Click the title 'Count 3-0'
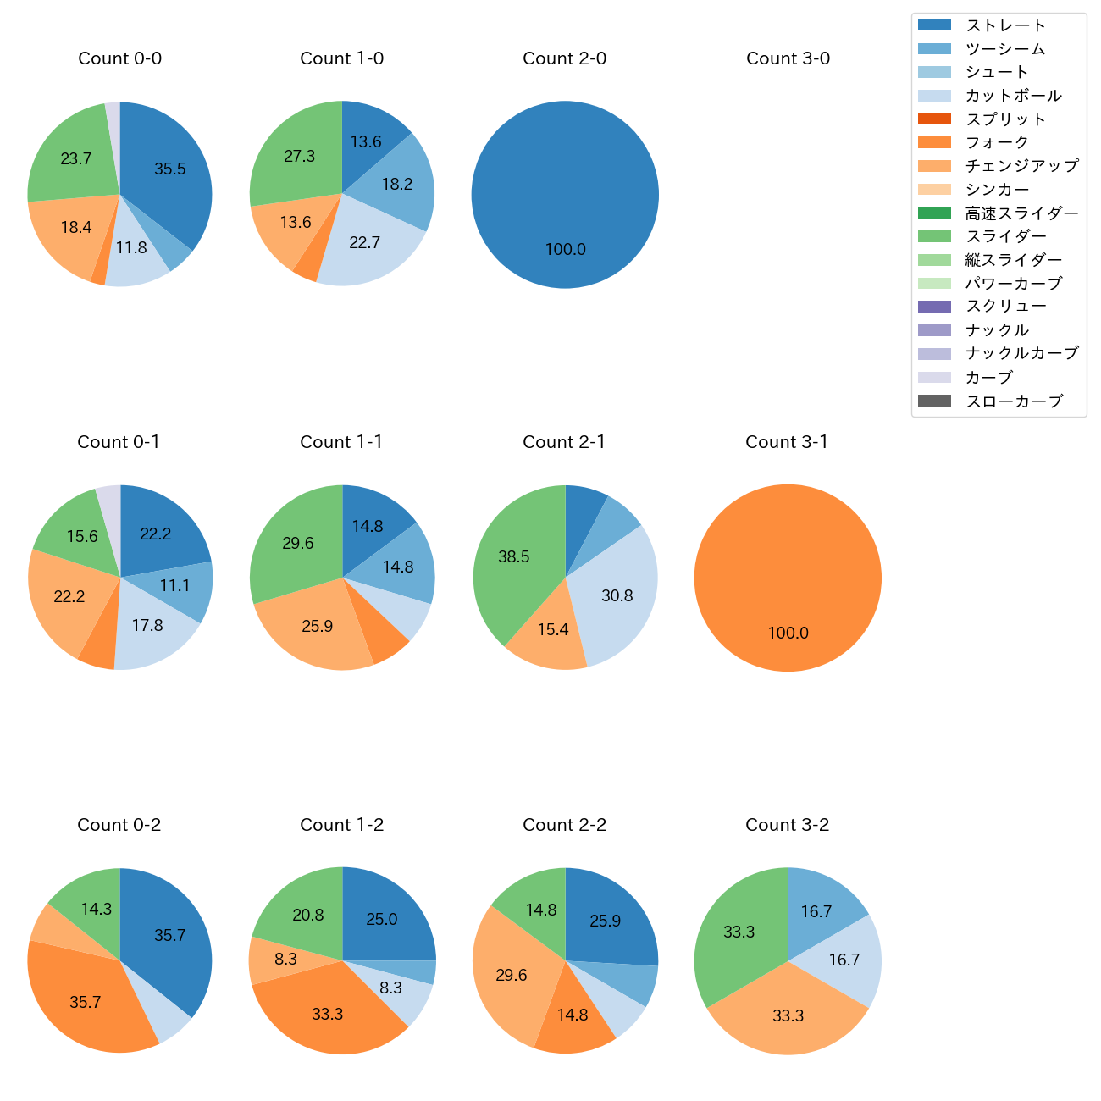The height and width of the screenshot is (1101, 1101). [788, 58]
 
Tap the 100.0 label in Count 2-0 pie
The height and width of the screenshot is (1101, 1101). [565, 250]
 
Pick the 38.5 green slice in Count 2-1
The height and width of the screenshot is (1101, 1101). [513, 557]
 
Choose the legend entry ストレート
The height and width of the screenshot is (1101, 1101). [1005, 25]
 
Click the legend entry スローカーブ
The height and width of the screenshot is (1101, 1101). [1014, 401]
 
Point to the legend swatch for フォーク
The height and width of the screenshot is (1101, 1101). [934, 142]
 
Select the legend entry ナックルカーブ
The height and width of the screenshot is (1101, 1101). [1021, 354]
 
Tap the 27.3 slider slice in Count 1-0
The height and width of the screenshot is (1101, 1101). [298, 157]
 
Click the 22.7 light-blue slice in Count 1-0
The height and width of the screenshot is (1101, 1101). [365, 243]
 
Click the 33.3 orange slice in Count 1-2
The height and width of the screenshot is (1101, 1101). [328, 1014]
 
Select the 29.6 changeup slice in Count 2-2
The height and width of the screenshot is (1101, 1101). [511, 976]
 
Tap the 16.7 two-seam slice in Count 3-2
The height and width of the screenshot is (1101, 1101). [816, 911]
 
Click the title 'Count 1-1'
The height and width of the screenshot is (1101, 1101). [341, 442]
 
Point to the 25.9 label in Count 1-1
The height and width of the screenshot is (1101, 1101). [318, 627]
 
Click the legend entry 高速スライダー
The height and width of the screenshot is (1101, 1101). [1021, 213]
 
